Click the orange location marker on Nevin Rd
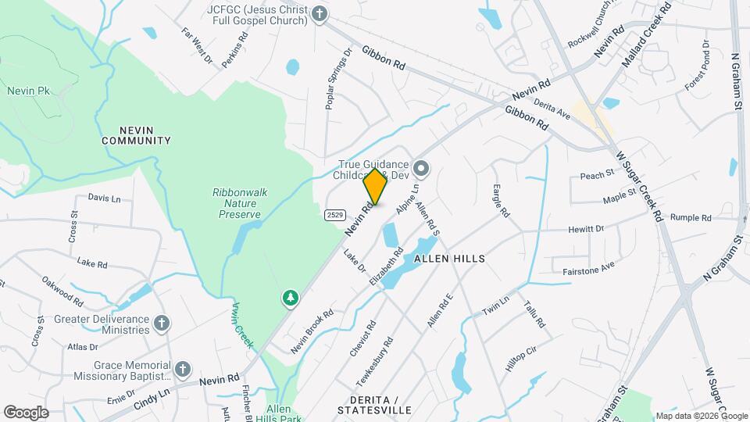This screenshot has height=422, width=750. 376,187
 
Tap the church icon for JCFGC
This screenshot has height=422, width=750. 319,13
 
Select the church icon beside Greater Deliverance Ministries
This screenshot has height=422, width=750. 161,324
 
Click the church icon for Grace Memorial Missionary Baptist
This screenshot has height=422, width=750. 182,369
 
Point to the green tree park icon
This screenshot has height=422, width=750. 291,299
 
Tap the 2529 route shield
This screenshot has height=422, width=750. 334,214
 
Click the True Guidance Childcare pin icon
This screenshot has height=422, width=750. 421,168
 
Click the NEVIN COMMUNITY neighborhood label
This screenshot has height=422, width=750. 135,134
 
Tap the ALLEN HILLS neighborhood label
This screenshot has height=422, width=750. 449,258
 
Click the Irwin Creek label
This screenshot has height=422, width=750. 241,324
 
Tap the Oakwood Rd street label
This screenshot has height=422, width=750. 62,288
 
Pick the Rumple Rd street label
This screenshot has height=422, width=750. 688,217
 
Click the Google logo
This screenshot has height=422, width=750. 26,413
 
